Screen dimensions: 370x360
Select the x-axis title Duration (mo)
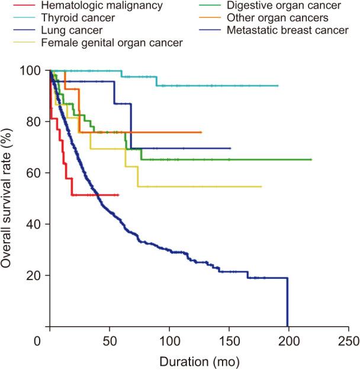pyautogui.click(x=198, y=360)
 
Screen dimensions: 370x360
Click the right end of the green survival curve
pyautogui.click(x=311, y=160)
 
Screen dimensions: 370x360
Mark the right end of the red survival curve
pyautogui.click(x=118, y=194)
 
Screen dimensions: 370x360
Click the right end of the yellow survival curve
pyautogui.click(x=261, y=186)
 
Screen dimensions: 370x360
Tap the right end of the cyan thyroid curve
pyautogui.click(x=278, y=86)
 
